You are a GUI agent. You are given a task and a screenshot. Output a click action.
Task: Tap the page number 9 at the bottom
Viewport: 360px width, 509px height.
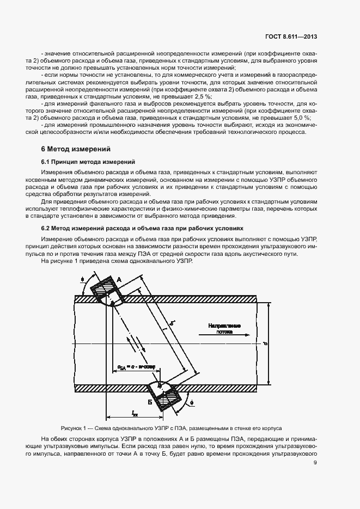[x=315, y=463]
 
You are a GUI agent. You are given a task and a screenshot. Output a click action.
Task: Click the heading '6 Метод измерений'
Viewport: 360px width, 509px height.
[x=76, y=149]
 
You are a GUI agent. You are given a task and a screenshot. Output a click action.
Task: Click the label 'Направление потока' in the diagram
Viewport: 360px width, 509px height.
[x=224, y=328]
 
